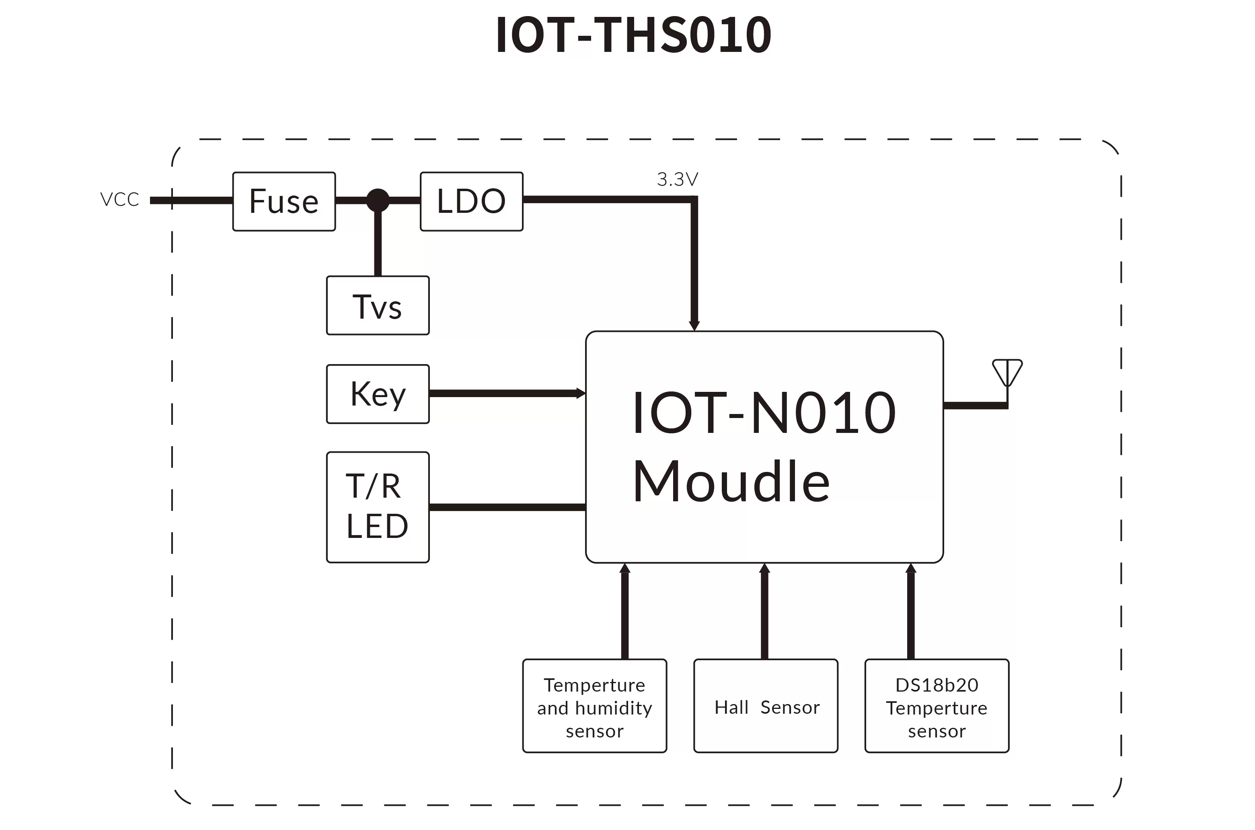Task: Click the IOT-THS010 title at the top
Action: [x=633, y=35]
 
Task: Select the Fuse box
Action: [x=284, y=201]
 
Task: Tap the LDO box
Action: [x=471, y=201]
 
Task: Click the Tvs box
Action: [x=378, y=305]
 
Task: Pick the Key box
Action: [x=378, y=394]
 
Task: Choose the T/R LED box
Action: [x=378, y=507]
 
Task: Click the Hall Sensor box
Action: [x=766, y=706]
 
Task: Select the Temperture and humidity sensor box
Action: [x=594, y=706]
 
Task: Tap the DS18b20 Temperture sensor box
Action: [x=937, y=706]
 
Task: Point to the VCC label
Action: [x=119, y=200]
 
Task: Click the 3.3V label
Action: [x=677, y=179]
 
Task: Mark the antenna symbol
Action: [x=1007, y=373]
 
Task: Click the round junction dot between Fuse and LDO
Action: [x=378, y=200]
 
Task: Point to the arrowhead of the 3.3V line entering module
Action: [x=694, y=325]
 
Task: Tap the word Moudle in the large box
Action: [x=731, y=482]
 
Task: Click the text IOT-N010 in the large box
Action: [x=764, y=412]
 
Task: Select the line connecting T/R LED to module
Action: [x=507, y=507]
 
